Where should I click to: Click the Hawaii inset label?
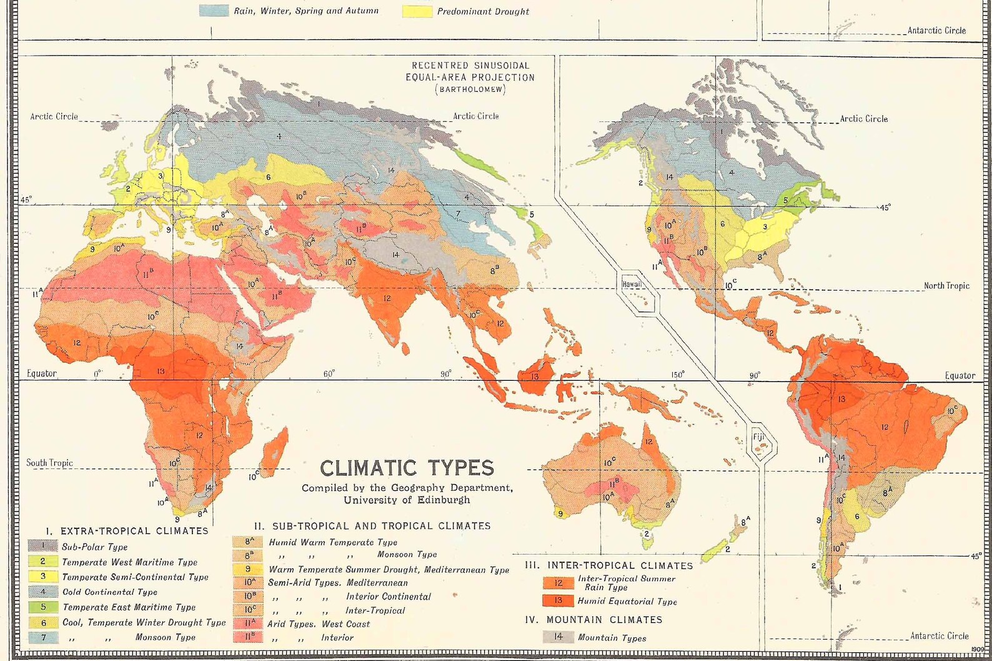click(632, 284)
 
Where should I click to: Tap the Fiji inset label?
click(758, 437)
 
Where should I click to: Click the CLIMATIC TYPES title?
click(407, 468)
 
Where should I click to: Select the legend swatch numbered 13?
click(558, 601)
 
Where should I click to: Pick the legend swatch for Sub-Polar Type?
click(43, 546)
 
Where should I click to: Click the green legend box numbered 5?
click(43, 607)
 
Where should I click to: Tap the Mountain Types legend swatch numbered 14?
click(558, 637)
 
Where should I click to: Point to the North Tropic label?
click(946, 286)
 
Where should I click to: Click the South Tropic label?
click(49, 463)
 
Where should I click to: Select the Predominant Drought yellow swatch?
click(417, 11)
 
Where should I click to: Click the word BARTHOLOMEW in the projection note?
click(470, 89)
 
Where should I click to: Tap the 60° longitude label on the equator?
click(329, 374)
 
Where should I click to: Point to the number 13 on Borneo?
click(535, 376)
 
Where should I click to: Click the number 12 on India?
click(387, 298)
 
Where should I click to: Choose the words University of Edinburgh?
click(407, 500)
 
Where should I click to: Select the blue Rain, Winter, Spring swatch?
click(214, 11)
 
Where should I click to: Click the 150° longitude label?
click(678, 375)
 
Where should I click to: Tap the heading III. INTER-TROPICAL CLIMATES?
click(609, 565)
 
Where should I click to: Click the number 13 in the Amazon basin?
click(841, 399)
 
